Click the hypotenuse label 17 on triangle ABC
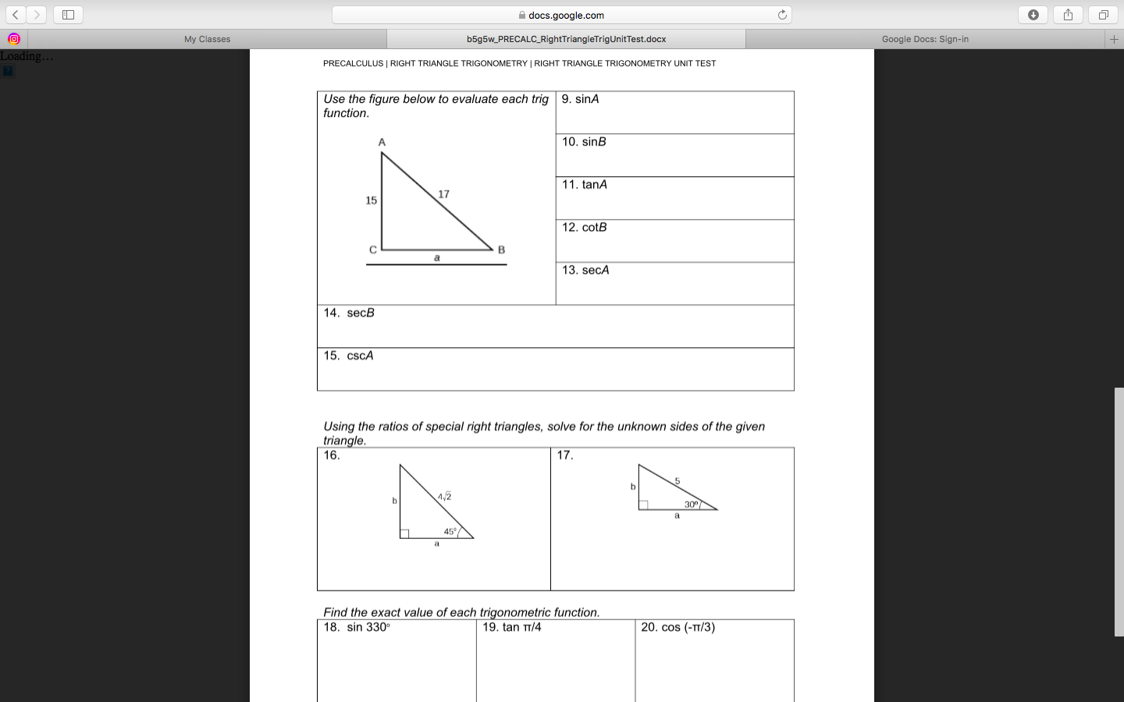coord(443,194)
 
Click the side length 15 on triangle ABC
coord(371,200)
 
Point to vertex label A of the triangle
coord(382,142)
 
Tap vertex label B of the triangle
coord(501,250)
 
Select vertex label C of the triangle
coord(372,250)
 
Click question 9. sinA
coord(581,99)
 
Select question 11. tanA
coord(585,185)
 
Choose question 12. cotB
coord(585,228)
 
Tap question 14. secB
coord(350,313)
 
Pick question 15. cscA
coord(349,356)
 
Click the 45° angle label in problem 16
coord(450,531)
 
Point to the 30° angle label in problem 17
coord(692,505)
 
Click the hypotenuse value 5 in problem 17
coord(678,480)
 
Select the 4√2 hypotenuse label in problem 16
coord(444,497)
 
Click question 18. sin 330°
coord(357,627)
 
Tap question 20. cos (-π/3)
coord(678,627)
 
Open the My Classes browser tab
coord(207,39)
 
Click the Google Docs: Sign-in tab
coord(925,39)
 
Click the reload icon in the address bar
coord(782,15)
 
